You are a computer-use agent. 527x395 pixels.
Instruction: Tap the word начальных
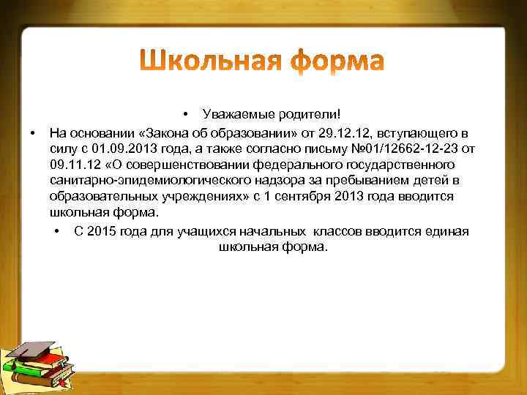275,231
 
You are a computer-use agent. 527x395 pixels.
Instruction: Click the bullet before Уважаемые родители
187,114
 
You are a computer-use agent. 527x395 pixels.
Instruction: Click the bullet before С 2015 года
57,232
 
